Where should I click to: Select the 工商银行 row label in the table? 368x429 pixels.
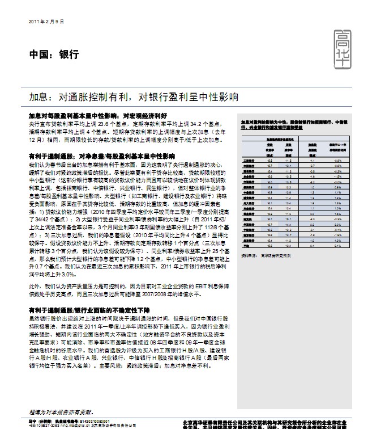pos(249,161)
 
